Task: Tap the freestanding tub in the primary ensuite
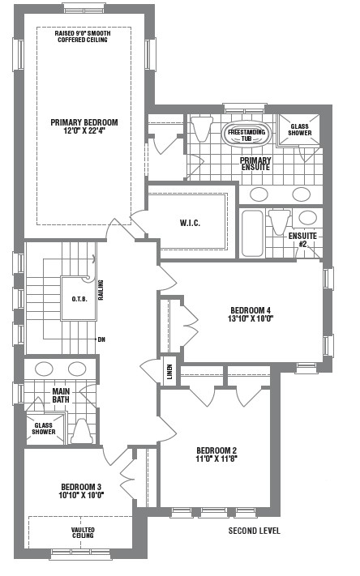click(x=246, y=134)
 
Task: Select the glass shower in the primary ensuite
click(x=298, y=130)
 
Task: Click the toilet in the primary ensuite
click(x=202, y=129)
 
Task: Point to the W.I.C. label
click(x=190, y=223)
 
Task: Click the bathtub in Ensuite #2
click(x=252, y=233)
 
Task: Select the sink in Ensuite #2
click(x=307, y=218)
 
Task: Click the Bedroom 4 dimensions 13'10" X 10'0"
click(x=251, y=318)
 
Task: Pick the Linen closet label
click(x=169, y=372)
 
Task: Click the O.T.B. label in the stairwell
click(x=79, y=299)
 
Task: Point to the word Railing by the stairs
click(x=101, y=290)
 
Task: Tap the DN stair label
click(x=101, y=339)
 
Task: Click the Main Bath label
click(x=61, y=395)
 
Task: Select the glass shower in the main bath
click(x=45, y=429)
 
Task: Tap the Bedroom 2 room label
click(x=216, y=450)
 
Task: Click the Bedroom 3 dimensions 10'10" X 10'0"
click(x=81, y=495)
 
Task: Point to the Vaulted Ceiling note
click(x=83, y=532)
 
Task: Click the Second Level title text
click(x=254, y=531)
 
